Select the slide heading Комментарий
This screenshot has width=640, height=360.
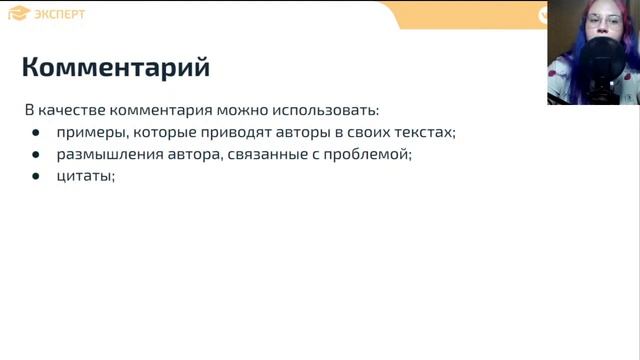[116, 68]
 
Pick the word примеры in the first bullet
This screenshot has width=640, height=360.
[89, 132]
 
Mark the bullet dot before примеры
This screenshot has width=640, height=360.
[36, 133]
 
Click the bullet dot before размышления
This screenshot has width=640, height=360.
[36, 155]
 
